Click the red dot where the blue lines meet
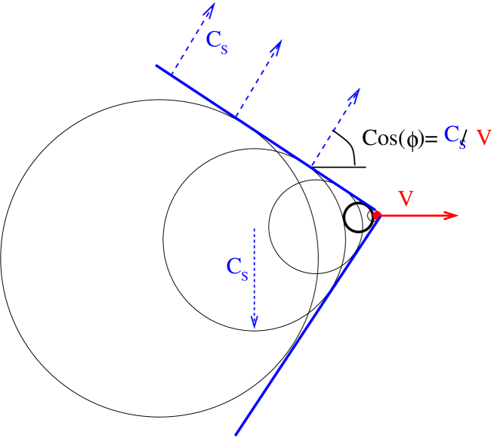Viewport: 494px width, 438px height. click(x=377, y=215)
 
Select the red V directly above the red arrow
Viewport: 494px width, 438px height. click(x=406, y=199)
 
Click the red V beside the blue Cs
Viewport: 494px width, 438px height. click(x=483, y=137)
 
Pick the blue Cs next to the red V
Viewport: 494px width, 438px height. click(x=454, y=136)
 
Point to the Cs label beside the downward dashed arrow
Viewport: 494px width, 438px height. click(x=236, y=267)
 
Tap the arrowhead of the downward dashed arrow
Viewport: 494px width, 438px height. click(x=255, y=322)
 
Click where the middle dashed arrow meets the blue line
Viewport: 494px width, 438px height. click(x=236, y=116)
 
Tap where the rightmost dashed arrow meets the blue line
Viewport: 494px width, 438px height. click(x=310, y=166)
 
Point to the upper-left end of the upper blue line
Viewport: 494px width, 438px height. click(x=156, y=66)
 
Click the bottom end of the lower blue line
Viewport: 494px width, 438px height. click(x=236, y=434)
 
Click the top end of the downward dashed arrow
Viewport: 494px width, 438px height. click(x=255, y=228)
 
